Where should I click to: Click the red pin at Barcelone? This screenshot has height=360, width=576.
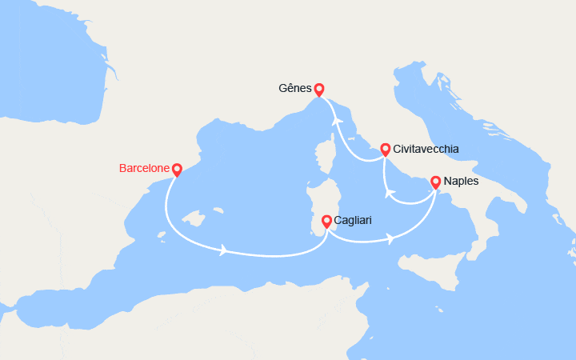[177, 170]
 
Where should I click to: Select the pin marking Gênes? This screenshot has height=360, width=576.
[319, 90]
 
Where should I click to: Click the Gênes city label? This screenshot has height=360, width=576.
[296, 89]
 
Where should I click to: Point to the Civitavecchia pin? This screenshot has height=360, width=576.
[385, 149]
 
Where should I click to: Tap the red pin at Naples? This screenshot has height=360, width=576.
[435, 182]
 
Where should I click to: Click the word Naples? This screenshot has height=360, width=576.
[462, 182]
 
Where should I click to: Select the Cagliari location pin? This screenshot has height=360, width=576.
[326, 221]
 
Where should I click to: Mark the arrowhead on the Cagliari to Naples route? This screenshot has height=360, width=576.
[390, 238]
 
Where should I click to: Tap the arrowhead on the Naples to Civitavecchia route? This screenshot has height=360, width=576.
[390, 193]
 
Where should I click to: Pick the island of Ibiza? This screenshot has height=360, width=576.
[162, 234]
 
